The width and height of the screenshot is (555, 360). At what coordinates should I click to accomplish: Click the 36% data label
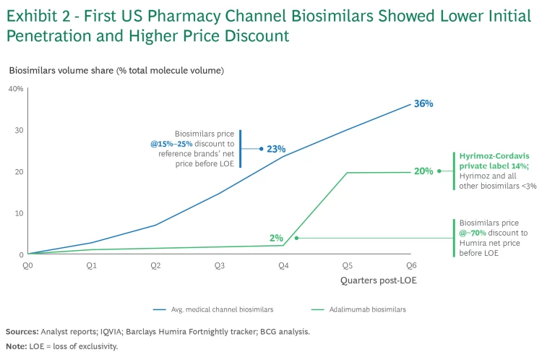(x=423, y=104)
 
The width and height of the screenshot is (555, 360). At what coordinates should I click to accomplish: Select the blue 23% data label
(x=276, y=149)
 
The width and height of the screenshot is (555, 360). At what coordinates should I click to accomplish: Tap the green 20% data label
(x=423, y=171)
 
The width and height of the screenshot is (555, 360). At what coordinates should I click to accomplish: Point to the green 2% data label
(x=276, y=238)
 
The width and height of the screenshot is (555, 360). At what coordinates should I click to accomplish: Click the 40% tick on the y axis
(x=16, y=88)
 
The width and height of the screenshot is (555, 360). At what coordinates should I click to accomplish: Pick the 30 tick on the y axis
(x=19, y=130)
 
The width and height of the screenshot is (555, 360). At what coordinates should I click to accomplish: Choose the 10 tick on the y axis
(x=19, y=213)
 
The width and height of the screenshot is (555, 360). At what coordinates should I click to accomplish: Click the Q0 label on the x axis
(x=27, y=266)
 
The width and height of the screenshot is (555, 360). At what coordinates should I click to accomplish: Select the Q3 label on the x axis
(x=219, y=266)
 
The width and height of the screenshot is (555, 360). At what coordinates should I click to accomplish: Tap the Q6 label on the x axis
(x=411, y=266)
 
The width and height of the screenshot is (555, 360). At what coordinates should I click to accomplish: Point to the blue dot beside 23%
(x=261, y=149)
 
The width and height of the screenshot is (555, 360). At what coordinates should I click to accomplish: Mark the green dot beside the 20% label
(x=439, y=171)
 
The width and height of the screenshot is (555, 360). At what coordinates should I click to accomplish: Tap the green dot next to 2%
(x=296, y=238)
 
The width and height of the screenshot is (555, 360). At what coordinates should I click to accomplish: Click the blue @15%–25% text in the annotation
(x=172, y=144)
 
